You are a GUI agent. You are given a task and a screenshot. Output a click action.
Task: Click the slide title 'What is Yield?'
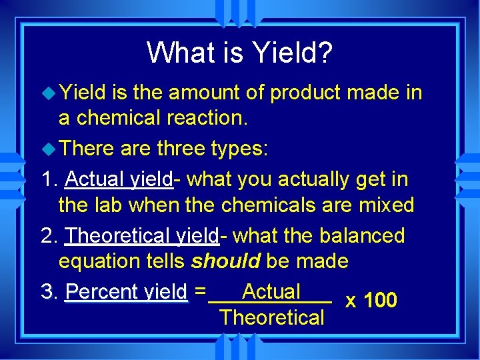[239, 53]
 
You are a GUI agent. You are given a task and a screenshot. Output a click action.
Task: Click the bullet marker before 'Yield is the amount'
[49, 93]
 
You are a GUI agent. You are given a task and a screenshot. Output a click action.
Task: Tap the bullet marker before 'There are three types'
[49, 149]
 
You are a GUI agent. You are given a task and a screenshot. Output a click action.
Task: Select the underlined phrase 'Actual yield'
[119, 179]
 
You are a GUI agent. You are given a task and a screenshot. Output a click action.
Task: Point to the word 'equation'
[99, 261]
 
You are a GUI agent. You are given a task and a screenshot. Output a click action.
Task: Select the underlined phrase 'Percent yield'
[127, 293]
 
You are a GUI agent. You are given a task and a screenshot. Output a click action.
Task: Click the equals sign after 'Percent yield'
[201, 293]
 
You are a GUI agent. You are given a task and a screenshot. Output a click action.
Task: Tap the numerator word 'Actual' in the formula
[271, 291]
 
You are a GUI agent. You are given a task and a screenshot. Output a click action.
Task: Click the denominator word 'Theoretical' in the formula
[271, 317]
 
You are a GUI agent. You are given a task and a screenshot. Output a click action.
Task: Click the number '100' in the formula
[381, 301]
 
